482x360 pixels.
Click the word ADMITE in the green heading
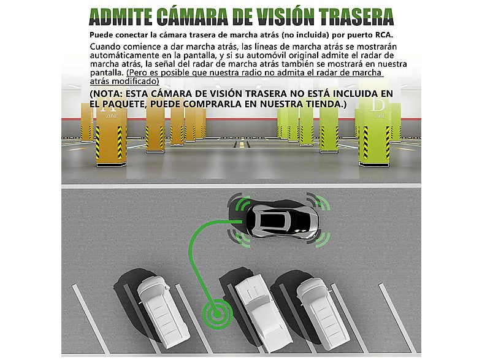coord(121,17)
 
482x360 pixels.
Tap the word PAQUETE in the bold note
coord(123,104)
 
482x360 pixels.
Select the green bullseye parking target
coord(217,314)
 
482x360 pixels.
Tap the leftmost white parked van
coord(164,311)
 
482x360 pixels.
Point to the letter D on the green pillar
coord(378,105)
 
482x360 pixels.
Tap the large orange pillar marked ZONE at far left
coord(110,136)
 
